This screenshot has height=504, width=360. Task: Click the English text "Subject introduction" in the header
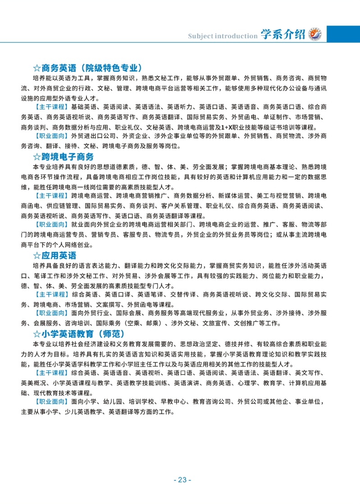pyautogui.click(x=222, y=36)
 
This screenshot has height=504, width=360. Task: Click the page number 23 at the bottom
pyautogui.click(x=182, y=480)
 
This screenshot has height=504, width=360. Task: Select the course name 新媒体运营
pyautogui.click(x=232, y=196)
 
